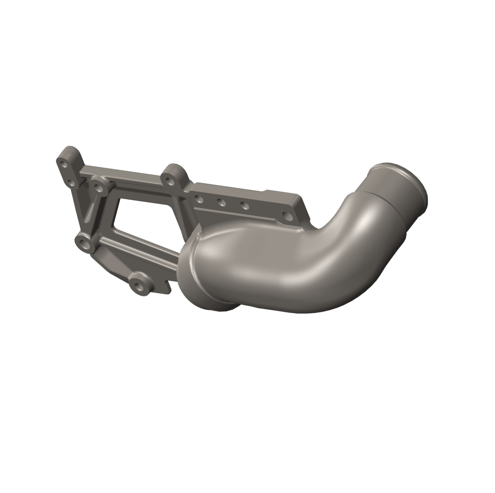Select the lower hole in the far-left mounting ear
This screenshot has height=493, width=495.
(x=71, y=183)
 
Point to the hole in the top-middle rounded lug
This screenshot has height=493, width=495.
(x=169, y=181)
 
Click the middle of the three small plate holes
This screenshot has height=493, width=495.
(x=221, y=202)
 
